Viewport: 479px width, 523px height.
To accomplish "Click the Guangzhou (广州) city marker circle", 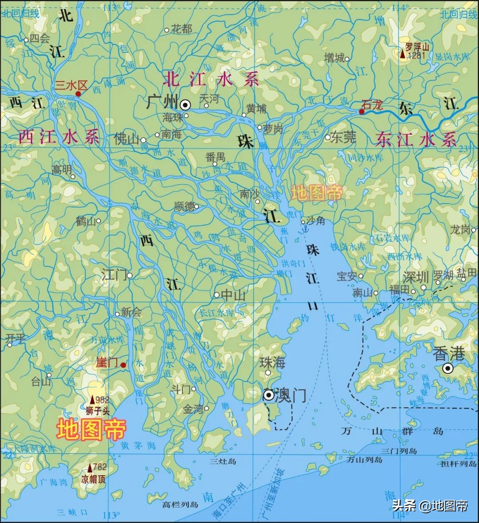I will [x=185, y=105].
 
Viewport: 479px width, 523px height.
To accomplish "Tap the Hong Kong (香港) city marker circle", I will [x=448, y=368].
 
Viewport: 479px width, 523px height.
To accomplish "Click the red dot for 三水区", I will [x=78, y=93].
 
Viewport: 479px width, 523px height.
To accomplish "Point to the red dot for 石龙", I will [x=361, y=112].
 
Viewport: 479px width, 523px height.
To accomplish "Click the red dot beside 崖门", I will [x=123, y=365].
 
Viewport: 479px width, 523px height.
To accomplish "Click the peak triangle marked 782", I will [x=90, y=468].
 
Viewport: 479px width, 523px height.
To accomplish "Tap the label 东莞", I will [x=344, y=137].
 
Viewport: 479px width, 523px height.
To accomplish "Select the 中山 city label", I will [x=233, y=295].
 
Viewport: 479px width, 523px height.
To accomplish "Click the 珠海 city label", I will [x=272, y=362].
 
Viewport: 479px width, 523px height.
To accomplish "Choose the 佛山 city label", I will [x=126, y=139].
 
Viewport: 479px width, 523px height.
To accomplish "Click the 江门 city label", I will [x=114, y=275].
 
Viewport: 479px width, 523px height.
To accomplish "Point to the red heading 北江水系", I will [x=211, y=80].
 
